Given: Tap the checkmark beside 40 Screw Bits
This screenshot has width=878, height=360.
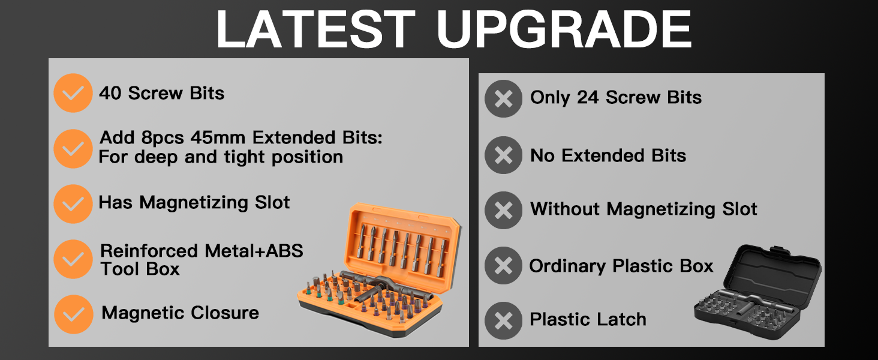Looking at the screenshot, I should [x=73, y=93].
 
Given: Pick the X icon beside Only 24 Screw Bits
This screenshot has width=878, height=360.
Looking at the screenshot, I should [x=504, y=98].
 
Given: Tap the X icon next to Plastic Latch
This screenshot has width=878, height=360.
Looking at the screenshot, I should [x=504, y=320].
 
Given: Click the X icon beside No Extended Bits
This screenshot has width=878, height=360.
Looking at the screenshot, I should [x=504, y=155].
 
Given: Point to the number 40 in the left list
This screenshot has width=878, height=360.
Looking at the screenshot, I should [x=110, y=94].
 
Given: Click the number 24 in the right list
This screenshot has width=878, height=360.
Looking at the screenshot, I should [x=589, y=98].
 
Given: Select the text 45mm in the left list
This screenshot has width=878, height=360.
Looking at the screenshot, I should [x=218, y=138].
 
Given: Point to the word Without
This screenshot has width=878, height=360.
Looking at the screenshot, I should [x=566, y=209].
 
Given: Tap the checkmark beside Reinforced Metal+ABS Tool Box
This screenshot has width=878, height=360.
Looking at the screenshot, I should [x=73, y=259].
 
